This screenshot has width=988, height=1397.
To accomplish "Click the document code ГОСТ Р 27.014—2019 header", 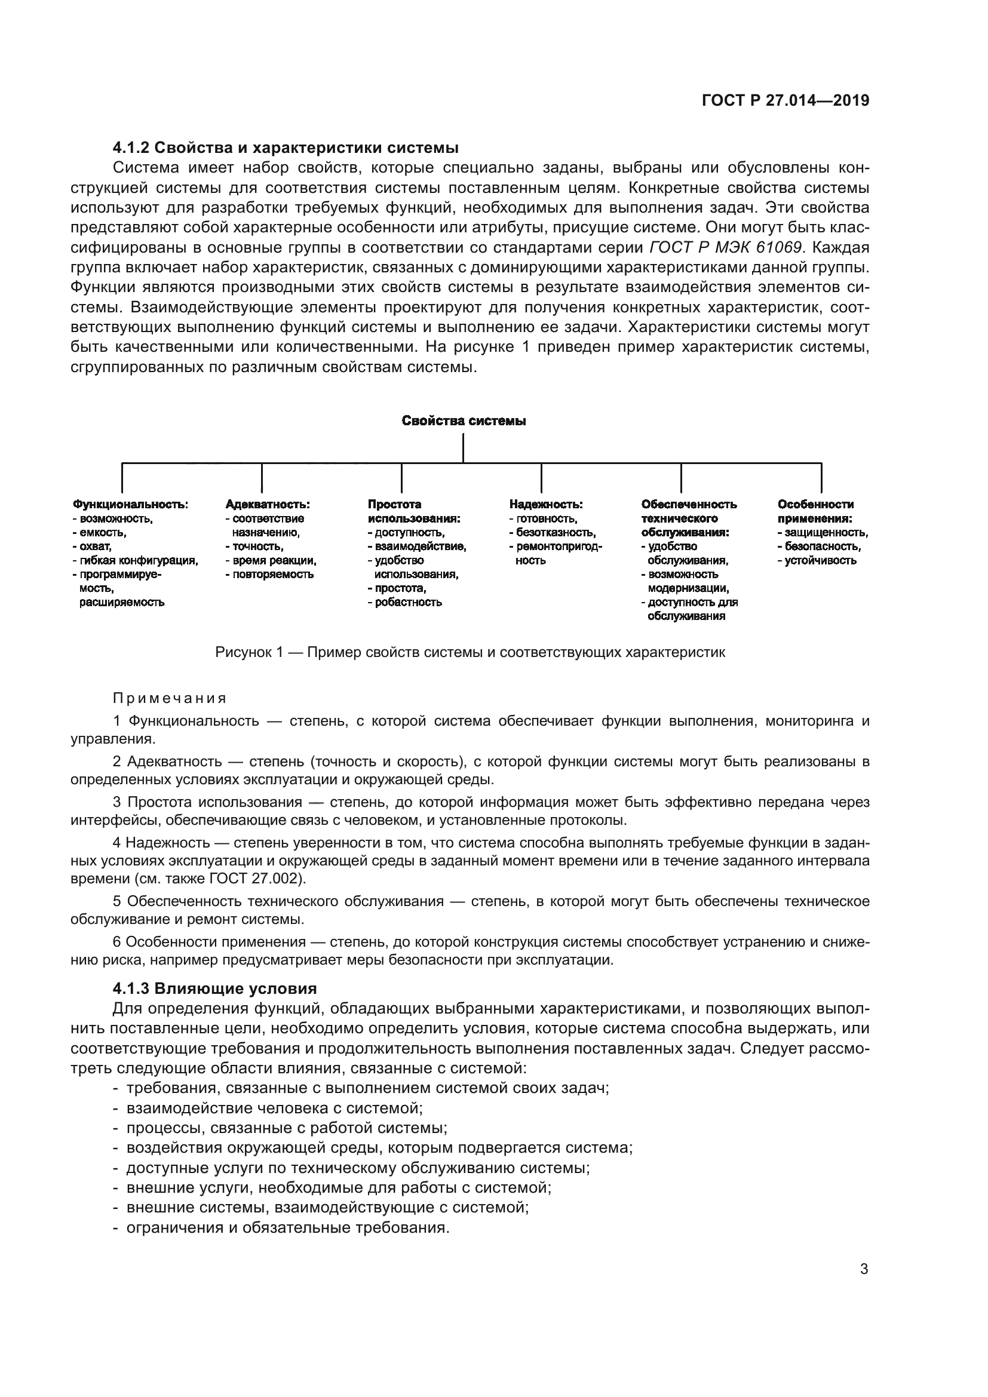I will click(786, 100).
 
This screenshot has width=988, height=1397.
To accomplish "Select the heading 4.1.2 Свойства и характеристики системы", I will click(286, 148).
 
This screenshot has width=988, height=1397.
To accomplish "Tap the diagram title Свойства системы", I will click(464, 421).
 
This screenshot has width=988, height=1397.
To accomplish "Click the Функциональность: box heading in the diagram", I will click(130, 505).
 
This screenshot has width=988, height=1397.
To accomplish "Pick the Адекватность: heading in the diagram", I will click(268, 505).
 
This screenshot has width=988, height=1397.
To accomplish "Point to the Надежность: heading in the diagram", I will click(546, 505).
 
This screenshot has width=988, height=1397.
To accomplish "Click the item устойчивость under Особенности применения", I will click(820, 560).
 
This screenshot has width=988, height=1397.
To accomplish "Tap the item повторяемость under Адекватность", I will click(272, 575).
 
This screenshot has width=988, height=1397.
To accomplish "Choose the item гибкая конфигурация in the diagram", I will click(139, 560).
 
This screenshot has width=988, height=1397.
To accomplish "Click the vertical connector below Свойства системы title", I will click(463, 448).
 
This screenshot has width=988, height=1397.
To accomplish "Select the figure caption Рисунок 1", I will click(470, 653).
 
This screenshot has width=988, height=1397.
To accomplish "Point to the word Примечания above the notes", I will click(170, 698).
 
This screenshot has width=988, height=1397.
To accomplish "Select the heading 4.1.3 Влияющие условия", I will click(215, 988).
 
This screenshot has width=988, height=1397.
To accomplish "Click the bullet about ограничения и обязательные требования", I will click(288, 1227).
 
